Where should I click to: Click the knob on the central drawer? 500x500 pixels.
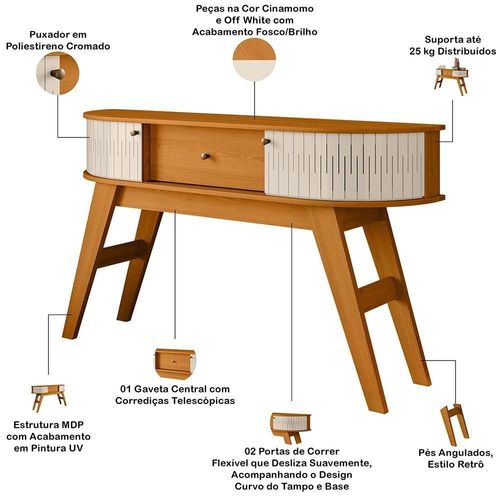(205, 156)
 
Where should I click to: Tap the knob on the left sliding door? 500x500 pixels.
(134, 133)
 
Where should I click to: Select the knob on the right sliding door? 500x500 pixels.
(266, 142)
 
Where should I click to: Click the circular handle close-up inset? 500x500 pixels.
(58, 73)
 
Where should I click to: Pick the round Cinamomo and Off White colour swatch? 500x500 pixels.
(254, 59)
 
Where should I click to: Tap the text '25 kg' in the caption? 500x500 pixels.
(422, 52)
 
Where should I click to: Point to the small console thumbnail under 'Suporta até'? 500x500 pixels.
(452, 77)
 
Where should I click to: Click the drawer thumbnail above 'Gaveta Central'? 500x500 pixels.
(175, 363)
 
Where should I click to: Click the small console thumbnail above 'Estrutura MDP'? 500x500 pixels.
(49, 397)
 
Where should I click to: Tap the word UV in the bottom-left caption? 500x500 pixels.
(75, 448)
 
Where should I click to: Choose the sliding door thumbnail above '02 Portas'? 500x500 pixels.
(291, 428)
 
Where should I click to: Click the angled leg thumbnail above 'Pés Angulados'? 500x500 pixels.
(455, 425)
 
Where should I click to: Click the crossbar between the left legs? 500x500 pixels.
(121, 253)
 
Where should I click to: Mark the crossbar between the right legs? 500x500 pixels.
(377, 294)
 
